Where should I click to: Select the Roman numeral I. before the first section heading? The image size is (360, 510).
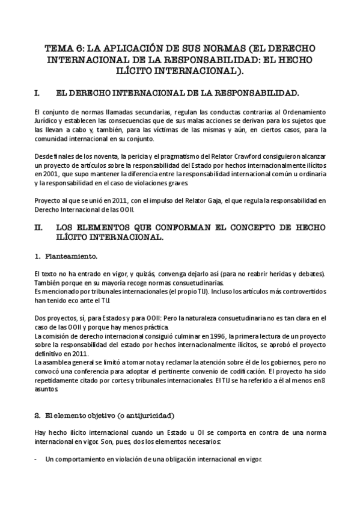point(38,94)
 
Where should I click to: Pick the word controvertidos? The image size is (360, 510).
point(300,291)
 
